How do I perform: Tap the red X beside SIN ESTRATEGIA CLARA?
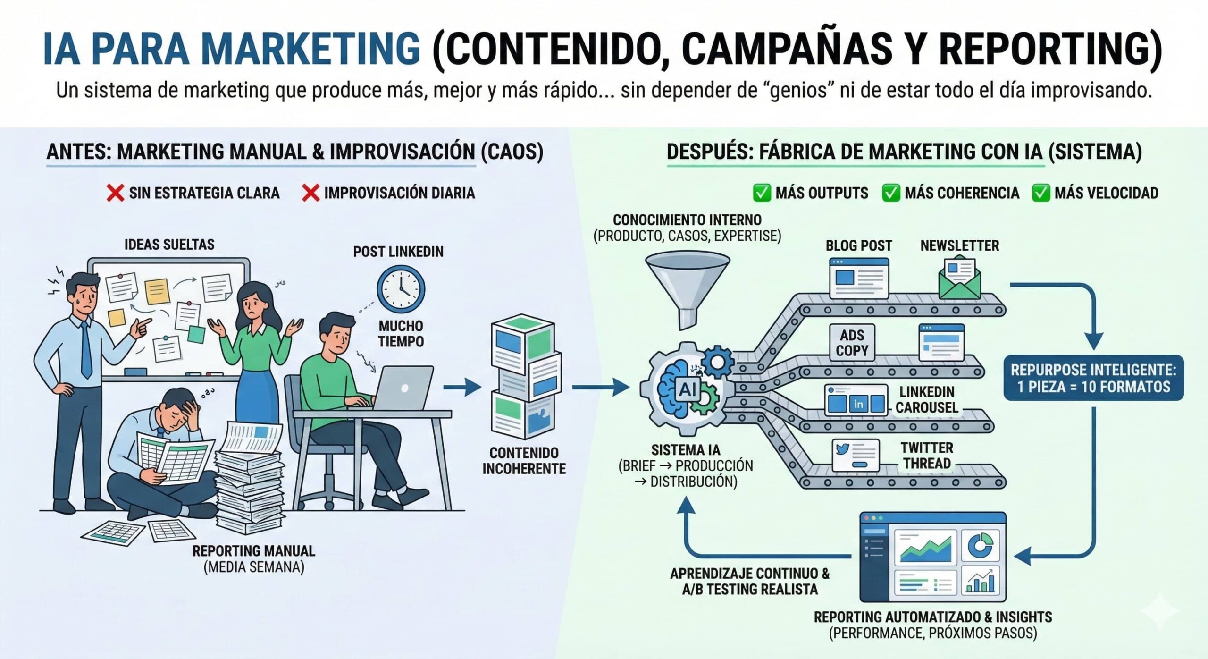tap(115, 193)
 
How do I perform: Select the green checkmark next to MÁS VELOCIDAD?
tap(1040, 193)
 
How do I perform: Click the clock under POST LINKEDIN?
tap(401, 288)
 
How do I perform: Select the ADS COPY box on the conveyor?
tap(852, 343)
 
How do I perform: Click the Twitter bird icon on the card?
tap(842, 448)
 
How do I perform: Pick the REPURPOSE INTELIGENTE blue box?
tap(1093, 378)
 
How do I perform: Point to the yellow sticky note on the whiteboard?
tap(157, 291)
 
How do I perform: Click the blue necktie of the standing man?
tap(86, 349)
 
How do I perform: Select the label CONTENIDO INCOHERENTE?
tap(524, 461)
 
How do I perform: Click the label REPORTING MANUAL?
tap(253, 551)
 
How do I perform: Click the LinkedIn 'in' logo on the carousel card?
tap(858, 404)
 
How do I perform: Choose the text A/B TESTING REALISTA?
tap(750, 589)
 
